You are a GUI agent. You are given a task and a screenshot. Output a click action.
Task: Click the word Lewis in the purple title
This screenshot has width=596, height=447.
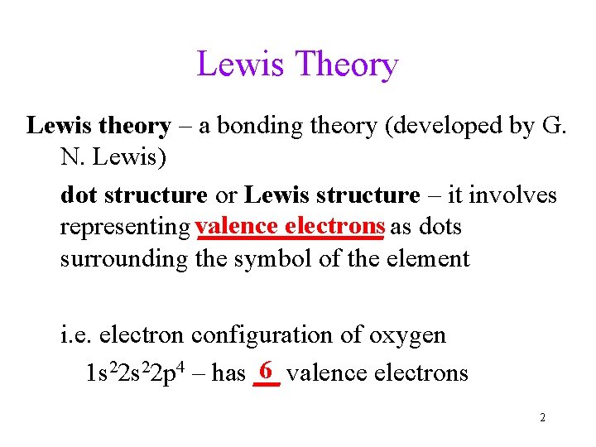240,65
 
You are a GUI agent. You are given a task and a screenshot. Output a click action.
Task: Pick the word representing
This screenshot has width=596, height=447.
125,227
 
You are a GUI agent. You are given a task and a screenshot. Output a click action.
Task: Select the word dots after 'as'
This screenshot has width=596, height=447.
440,227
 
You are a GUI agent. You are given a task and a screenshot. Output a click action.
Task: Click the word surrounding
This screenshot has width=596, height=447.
124,259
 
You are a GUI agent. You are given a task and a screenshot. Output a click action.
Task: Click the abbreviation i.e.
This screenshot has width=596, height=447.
78,335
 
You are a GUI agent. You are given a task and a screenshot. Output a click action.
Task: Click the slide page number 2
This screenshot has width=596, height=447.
542,418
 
